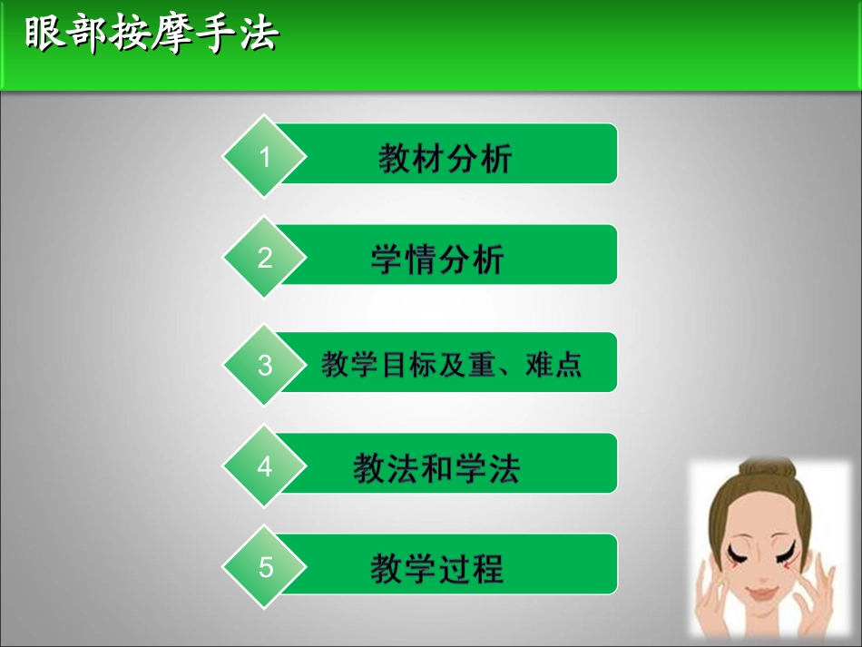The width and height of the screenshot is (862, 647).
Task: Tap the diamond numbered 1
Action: pos(265,157)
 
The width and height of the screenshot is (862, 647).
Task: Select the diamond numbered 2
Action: pos(265,258)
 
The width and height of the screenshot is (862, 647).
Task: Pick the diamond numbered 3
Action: pos(265,365)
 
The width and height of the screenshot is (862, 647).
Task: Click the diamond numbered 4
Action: pos(265,466)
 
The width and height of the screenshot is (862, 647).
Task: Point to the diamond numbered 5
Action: pos(265,567)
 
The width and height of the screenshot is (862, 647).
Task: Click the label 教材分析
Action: pos(446,158)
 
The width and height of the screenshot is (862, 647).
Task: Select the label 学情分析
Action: pos(436,260)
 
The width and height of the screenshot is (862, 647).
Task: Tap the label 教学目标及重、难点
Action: pos(451,365)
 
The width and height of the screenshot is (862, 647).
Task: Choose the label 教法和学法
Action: pos(436,468)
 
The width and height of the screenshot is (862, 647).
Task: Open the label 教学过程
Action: pos(436,569)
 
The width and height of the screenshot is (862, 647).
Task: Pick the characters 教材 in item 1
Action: pos(411,158)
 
